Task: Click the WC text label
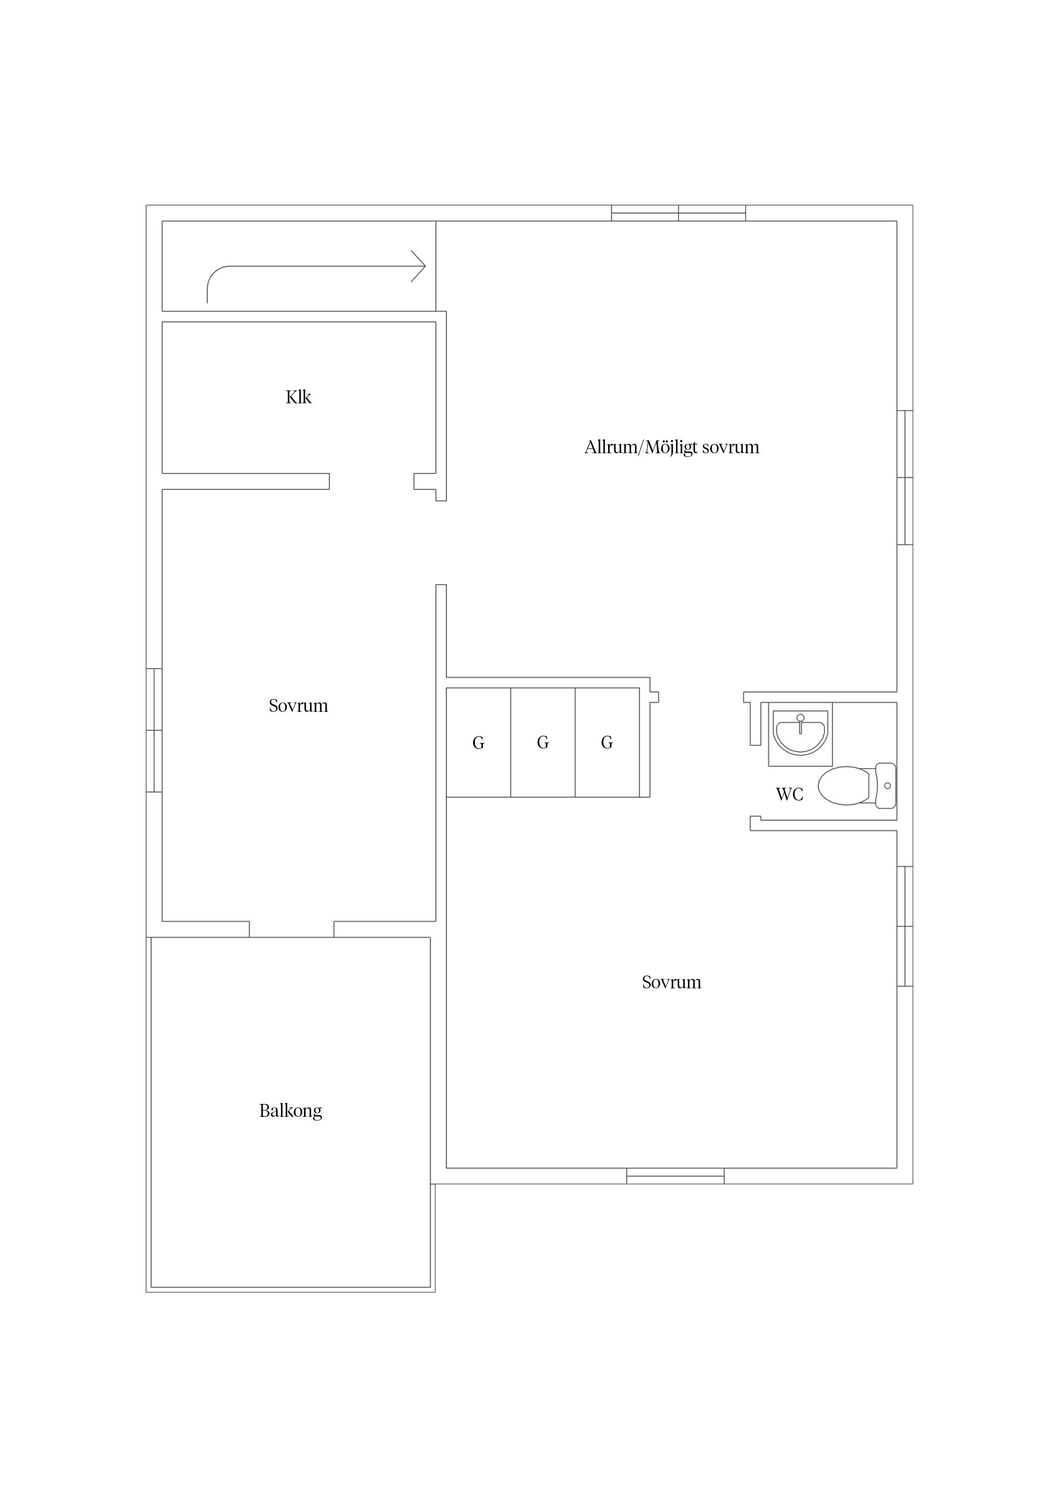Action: click(x=790, y=794)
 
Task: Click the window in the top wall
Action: click(x=679, y=213)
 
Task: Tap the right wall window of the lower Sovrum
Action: click(x=905, y=926)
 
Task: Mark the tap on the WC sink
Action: click(x=801, y=723)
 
